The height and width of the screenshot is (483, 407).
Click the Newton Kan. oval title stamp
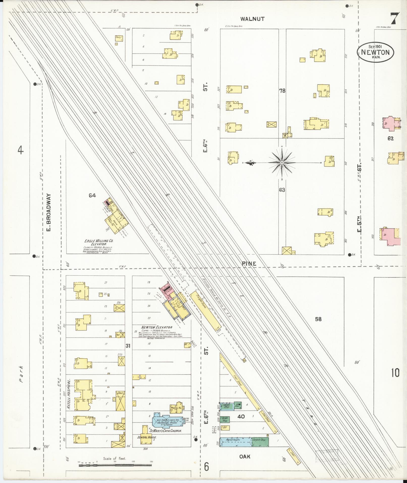pyautogui.click(x=375, y=52)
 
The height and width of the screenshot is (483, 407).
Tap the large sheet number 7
pyautogui.click(x=395, y=18)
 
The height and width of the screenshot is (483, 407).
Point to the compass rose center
pyautogui.click(x=281, y=163)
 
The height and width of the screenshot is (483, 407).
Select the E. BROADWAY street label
pyautogui.click(x=49, y=212)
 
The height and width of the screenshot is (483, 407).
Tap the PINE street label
pyautogui.click(x=249, y=264)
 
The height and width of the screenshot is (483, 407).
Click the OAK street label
pyautogui.click(x=245, y=456)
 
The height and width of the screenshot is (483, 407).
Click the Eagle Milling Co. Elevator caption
pyautogui.click(x=95, y=243)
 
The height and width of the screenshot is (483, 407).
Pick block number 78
pyautogui.click(x=282, y=90)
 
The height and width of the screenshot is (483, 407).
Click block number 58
pyautogui.click(x=318, y=319)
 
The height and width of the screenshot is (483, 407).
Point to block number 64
pyautogui.click(x=92, y=195)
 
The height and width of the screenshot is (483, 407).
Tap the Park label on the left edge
pyautogui.click(x=21, y=378)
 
